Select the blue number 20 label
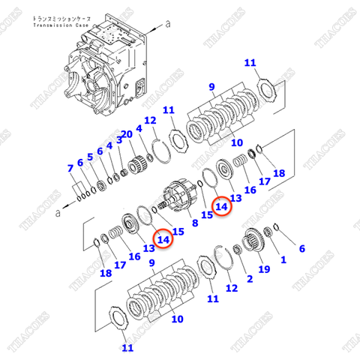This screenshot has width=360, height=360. coord(127,134)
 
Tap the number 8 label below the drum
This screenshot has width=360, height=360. coord(194,223)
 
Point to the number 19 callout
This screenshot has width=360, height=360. coord(264,268)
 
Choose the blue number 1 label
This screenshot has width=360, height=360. coord(283,259)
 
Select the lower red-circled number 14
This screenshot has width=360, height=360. coord(162,238)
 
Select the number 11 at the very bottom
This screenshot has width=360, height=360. coord(127,347)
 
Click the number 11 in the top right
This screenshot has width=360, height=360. coord(250,62)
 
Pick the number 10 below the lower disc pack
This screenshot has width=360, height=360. coord(177,319)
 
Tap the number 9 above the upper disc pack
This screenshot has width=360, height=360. coord(211,87)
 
